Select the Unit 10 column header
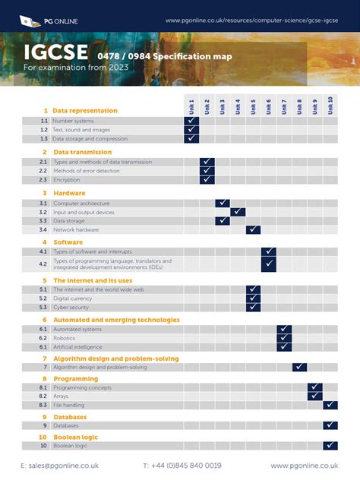330,106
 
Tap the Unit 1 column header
191,106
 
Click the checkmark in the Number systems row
191,121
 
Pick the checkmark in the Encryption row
207,180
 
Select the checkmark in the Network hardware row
253,229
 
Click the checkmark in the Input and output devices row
238,212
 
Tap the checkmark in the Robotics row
284,338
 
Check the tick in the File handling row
330,405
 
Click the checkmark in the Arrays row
315,396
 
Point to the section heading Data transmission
82,152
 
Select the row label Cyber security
71,308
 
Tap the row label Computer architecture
81,204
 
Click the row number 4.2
43,264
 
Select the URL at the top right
251,20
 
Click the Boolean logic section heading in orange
75,437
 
